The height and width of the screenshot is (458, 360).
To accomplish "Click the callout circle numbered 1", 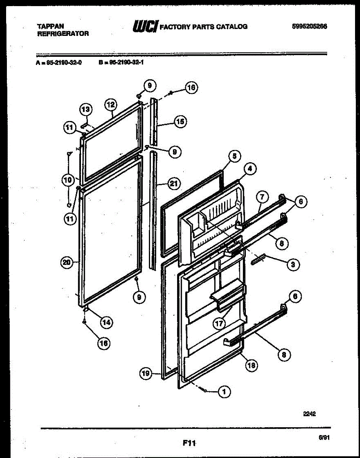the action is click(x=224, y=390).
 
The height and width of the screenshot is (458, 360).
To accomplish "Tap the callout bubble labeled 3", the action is click(x=293, y=264).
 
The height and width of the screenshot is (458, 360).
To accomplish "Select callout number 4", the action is click(x=250, y=169).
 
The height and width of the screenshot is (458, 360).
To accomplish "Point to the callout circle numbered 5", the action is click(x=234, y=156).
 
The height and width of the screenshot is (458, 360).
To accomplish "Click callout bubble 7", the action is click(x=262, y=197).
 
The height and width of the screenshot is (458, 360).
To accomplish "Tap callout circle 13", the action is click(x=86, y=110).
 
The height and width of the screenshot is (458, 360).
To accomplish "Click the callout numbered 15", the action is click(x=180, y=122).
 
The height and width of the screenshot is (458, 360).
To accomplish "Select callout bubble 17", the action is click(x=219, y=324).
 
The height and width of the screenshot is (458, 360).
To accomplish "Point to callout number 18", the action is click(x=252, y=365).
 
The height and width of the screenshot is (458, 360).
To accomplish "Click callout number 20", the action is click(x=67, y=262).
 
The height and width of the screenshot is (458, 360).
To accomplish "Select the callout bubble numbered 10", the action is click(x=67, y=179).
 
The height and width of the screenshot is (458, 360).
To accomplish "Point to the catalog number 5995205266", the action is click(x=309, y=26).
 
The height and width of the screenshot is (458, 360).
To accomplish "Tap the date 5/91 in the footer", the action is click(x=324, y=438).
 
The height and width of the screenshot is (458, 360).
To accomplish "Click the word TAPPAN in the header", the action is click(x=50, y=26).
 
